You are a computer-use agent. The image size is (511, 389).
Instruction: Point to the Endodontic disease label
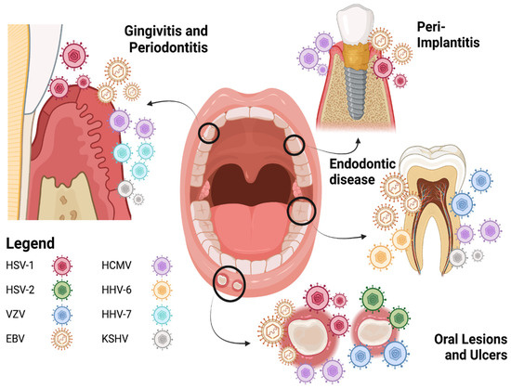point(364,173)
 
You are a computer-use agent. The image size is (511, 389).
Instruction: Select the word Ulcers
point(483,355)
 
